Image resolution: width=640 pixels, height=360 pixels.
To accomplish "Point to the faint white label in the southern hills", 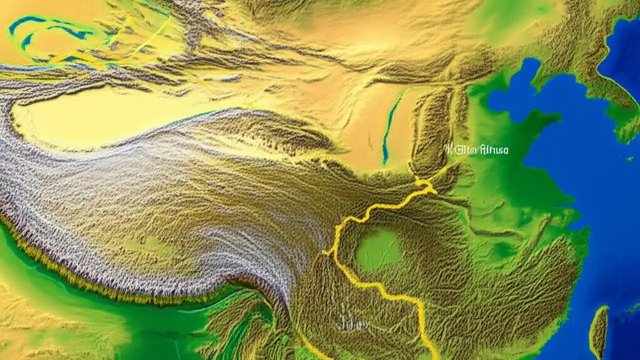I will [x=354, y=324].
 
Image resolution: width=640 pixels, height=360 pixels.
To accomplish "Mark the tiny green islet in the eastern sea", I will [x=629, y=159].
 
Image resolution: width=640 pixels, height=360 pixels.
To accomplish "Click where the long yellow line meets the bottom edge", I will [x=434, y=357].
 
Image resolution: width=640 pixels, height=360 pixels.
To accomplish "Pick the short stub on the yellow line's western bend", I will [x=327, y=252].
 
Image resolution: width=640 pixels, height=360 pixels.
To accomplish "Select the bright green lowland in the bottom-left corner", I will [x=30, y=320].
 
